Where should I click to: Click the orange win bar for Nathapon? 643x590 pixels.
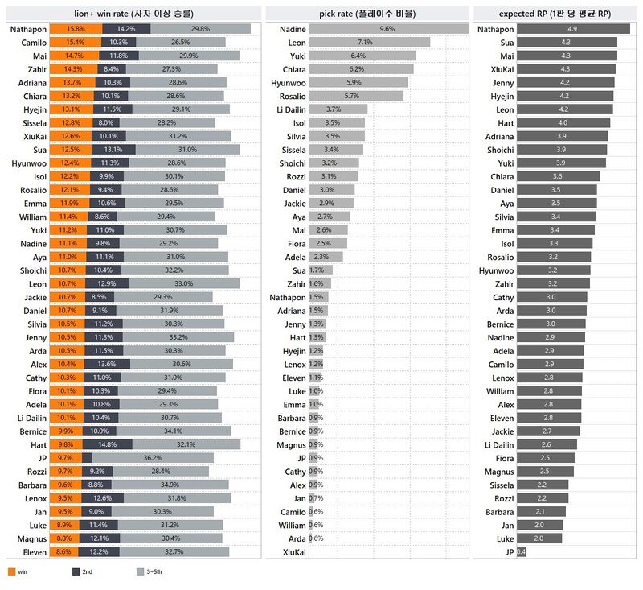pos(75,29)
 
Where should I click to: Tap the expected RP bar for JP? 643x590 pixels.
pos(521,552)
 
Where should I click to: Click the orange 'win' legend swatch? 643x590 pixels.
pos(11,571)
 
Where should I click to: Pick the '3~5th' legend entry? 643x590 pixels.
pos(147,571)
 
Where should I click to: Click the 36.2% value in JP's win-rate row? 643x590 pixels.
pos(152,457)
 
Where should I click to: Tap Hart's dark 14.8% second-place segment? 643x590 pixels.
pos(112,444)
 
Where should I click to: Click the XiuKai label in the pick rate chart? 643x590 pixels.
pos(293,552)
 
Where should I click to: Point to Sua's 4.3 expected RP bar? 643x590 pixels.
pos(567,42)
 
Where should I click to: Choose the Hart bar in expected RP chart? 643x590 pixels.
pos(563,122)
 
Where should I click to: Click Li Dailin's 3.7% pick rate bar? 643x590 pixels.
pos(337,109)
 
